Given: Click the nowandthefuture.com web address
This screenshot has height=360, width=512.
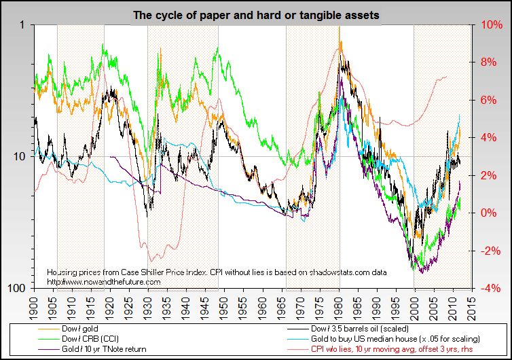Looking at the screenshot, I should [104, 281].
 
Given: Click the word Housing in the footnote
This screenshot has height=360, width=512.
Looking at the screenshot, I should [60, 272].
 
